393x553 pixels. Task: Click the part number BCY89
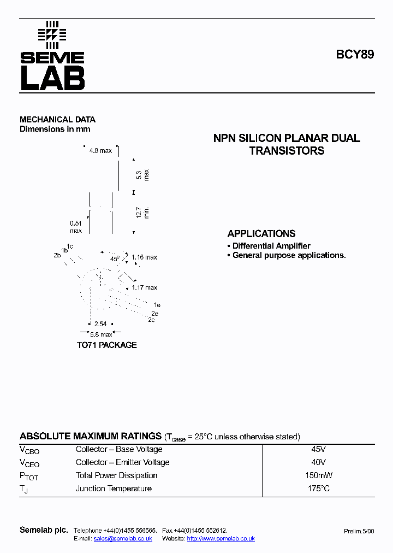pos(355,55)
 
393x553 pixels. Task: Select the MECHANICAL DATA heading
pos(57,119)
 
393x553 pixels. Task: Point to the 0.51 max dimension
pos(76,227)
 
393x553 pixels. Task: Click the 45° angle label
pos(115,258)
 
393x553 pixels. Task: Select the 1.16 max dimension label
pos(144,257)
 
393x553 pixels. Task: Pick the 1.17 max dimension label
pos(144,287)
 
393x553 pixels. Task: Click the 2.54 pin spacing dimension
pos(100,323)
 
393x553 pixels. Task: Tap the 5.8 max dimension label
pos(101,334)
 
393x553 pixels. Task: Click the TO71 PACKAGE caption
pos(106,345)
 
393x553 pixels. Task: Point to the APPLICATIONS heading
pos(261,233)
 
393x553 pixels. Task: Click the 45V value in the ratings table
pos(318,449)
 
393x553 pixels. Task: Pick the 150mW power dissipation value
pos(318,475)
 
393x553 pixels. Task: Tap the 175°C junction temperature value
pos(318,489)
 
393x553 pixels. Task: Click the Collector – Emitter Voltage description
pos(122,462)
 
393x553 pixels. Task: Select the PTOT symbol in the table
pos(29,476)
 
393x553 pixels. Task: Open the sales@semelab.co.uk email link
pos(123,538)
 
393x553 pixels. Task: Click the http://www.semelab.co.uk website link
pos(221,538)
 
